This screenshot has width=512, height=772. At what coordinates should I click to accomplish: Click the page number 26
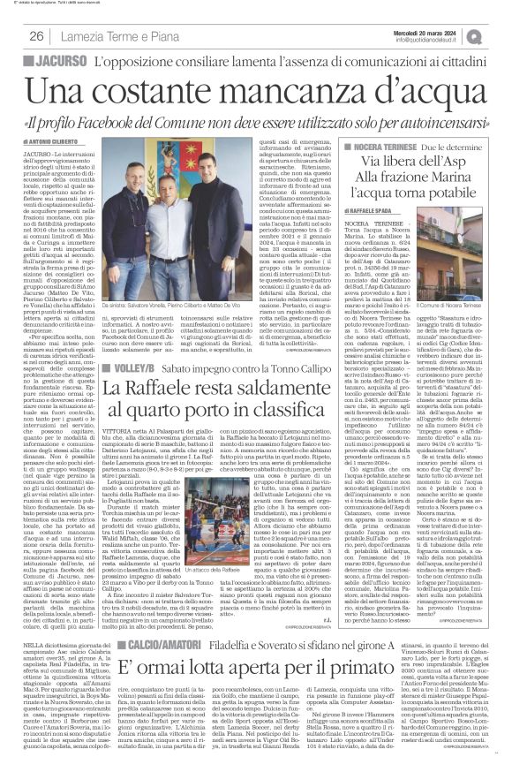click(37, 35)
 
